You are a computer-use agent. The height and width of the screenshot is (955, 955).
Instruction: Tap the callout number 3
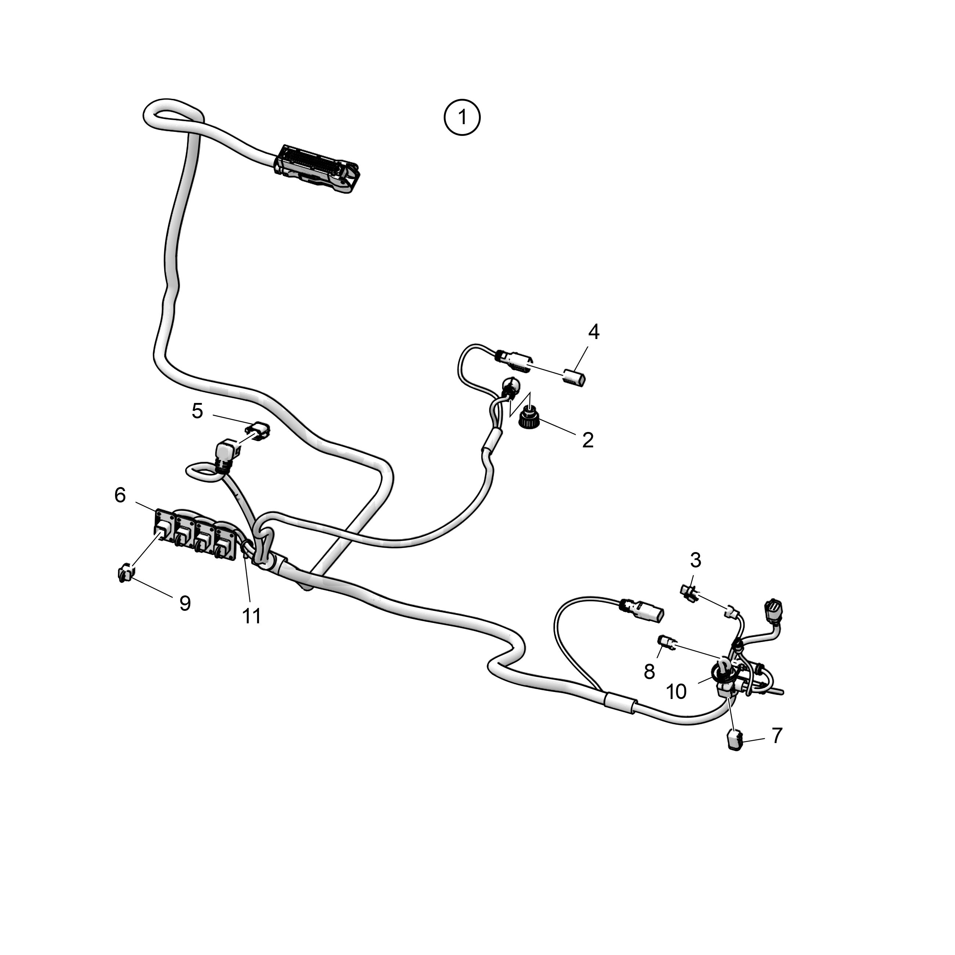[695, 561]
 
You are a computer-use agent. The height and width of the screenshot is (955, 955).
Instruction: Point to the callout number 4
[594, 332]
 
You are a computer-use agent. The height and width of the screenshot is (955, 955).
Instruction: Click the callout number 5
[197, 411]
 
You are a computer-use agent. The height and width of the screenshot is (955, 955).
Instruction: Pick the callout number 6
[120, 495]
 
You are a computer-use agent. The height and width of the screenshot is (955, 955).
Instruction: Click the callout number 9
[185, 603]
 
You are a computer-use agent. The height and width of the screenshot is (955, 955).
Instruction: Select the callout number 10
[676, 692]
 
